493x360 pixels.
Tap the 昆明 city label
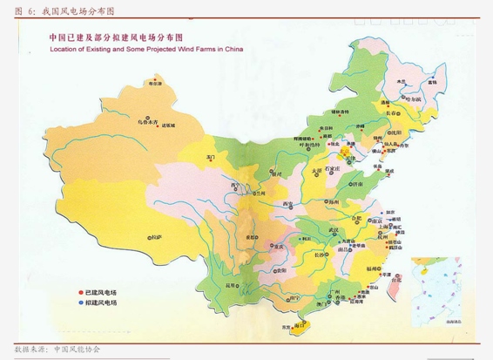coord(231,284)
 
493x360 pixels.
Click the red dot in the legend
coord(80,292)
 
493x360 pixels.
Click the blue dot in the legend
coord(80,302)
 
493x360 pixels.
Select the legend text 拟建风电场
coord(100,302)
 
